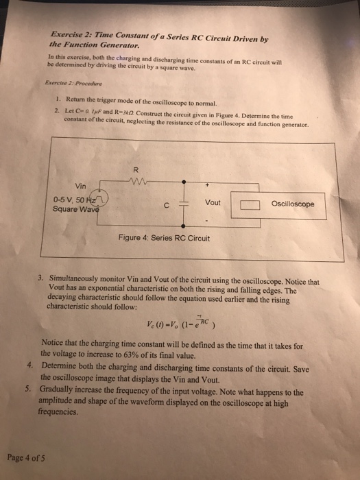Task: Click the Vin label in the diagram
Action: point(82,185)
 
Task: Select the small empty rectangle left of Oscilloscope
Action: point(250,204)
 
